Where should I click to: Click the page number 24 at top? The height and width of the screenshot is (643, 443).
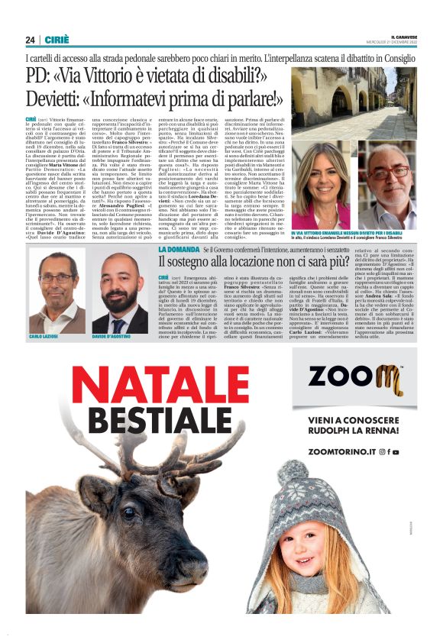(30, 40)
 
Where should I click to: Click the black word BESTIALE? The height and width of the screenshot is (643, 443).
(160, 418)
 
